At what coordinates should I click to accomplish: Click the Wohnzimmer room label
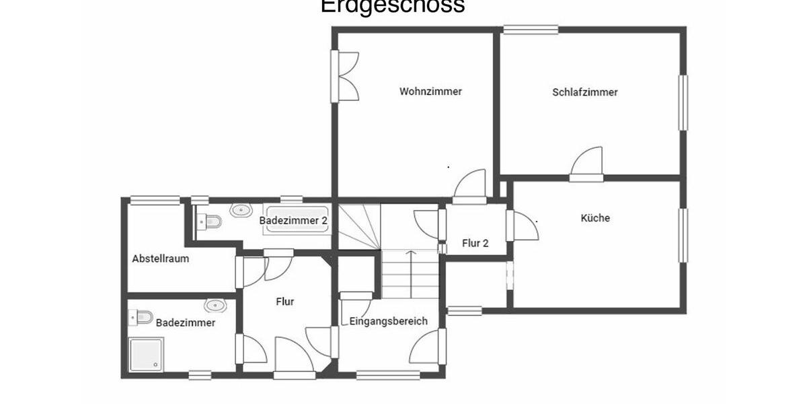click(430, 92)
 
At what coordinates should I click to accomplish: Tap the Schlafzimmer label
click(584, 92)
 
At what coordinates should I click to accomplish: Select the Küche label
click(595, 218)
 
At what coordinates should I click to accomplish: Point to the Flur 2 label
click(475, 243)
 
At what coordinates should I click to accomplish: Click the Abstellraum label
click(160, 259)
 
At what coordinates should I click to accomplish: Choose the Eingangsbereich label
click(388, 321)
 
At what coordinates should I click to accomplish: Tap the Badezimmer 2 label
click(293, 220)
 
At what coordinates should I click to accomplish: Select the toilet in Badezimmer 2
click(210, 221)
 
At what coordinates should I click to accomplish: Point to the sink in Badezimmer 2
click(241, 210)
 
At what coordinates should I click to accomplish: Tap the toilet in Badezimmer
click(143, 316)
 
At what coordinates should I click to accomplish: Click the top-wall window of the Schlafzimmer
click(531, 30)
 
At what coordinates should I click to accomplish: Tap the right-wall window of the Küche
click(683, 235)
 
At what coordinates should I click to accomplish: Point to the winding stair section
click(358, 226)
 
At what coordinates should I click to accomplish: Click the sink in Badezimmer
click(215, 305)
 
